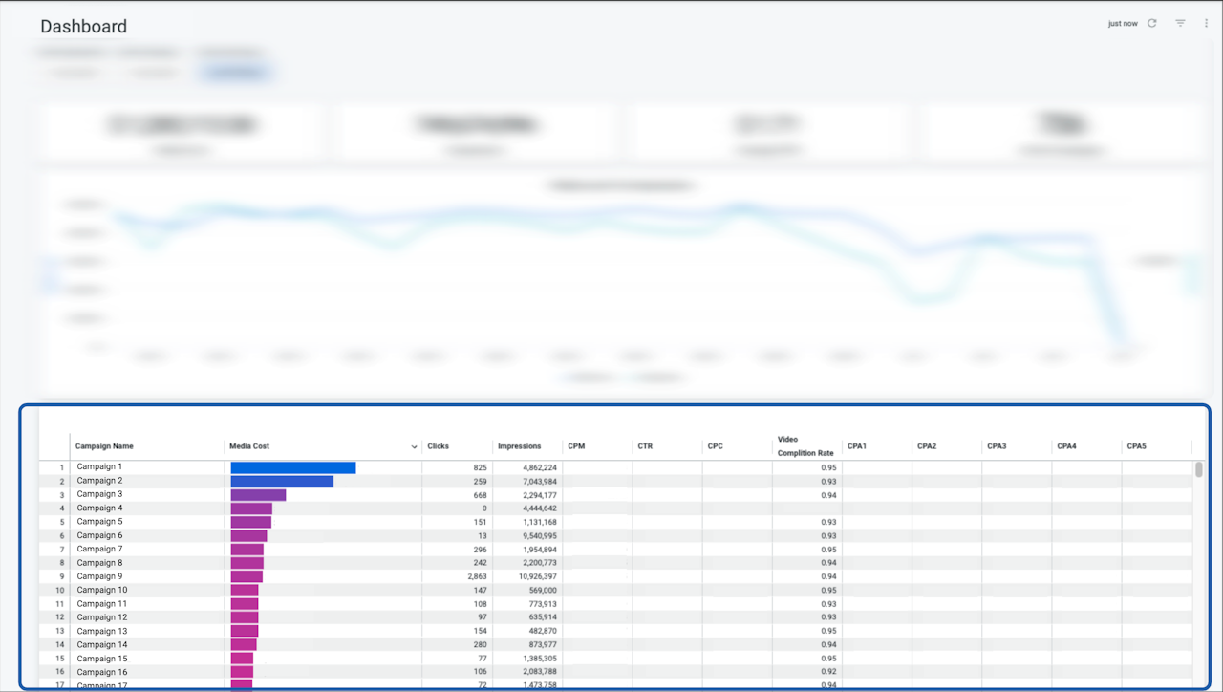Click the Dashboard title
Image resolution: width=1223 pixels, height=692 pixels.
tap(83, 27)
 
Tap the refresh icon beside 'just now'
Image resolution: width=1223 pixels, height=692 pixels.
tap(1152, 23)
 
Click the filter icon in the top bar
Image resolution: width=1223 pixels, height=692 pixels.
tap(1180, 23)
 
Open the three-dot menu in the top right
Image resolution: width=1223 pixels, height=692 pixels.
tap(1206, 23)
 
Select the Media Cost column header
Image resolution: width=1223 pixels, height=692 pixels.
tap(251, 446)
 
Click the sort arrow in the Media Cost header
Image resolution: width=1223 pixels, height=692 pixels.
tap(414, 446)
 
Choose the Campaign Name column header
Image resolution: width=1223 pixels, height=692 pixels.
tap(104, 446)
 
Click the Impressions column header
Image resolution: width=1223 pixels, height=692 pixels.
tap(519, 446)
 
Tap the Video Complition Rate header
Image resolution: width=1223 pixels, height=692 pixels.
tap(805, 446)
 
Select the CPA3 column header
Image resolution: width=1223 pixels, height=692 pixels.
tap(997, 446)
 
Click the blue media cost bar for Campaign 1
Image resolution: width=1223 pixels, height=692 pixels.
tap(293, 467)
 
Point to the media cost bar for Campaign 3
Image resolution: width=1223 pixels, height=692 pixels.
tap(258, 495)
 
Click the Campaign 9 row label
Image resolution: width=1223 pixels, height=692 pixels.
tap(99, 576)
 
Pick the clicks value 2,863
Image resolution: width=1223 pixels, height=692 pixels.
tap(477, 576)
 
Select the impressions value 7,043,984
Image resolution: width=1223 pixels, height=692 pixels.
tap(540, 481)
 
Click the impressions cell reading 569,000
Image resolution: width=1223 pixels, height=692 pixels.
tap(542, 591)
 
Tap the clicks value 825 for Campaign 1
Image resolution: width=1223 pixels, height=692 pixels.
tap(480, 467)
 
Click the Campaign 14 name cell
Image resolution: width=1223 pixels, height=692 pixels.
tap(102, 645)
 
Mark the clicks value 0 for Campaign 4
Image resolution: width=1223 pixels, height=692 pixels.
tap(483, 508)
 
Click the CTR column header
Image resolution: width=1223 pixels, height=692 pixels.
tap(646, 446)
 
